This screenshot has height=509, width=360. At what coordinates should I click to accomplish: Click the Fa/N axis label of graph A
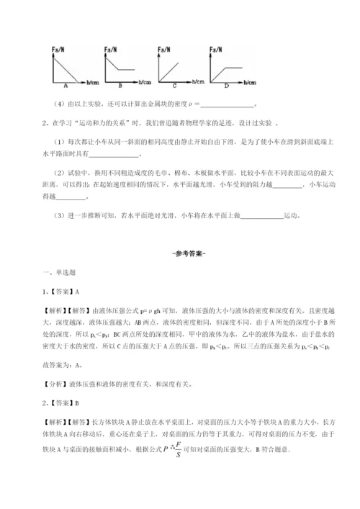click(x=59, y=49)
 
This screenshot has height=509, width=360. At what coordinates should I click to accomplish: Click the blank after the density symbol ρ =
click(x=220, y=104)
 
